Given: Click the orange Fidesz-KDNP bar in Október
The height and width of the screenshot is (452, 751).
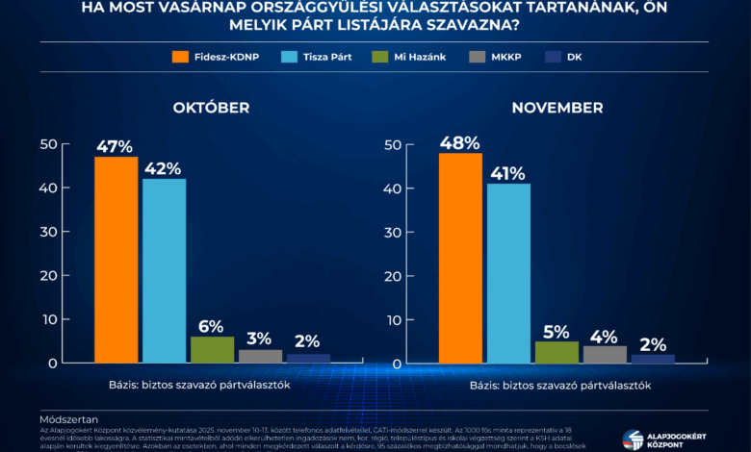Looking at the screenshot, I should [116, 260].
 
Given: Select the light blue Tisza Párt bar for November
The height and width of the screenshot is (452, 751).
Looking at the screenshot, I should [508, 273].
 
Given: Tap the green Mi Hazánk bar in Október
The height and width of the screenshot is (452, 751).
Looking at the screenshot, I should [212, 349].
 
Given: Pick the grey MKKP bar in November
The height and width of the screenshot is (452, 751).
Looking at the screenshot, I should [605, 354].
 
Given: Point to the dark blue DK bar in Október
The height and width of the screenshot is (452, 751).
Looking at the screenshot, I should [308, 358].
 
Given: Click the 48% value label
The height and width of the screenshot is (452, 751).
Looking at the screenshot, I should [460, 142].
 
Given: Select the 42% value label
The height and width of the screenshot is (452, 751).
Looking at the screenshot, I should [164, 168].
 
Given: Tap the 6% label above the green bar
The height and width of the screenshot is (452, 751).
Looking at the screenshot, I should [212, 326].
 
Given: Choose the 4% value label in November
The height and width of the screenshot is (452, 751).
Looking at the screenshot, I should [605, 336].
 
